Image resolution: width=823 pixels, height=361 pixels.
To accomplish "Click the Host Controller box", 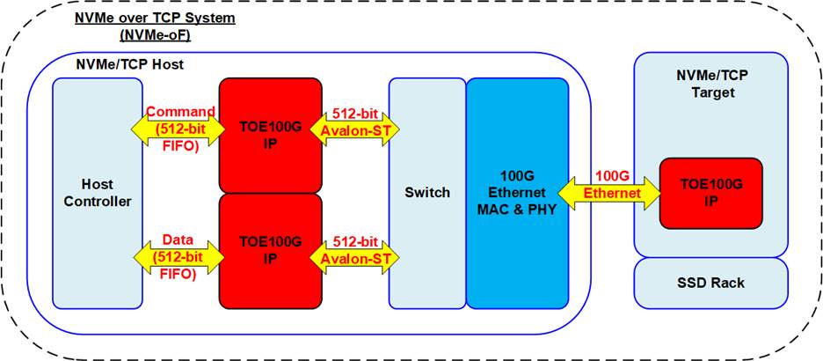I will (x=96, y=193).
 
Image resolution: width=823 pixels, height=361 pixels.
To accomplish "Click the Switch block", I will (x=427, y=193).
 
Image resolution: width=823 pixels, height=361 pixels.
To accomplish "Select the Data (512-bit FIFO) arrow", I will (x=181, y=256).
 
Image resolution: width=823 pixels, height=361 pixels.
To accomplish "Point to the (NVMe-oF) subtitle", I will (x=145, y=35).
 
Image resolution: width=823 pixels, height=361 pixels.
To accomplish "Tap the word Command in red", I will (x=181, y=113).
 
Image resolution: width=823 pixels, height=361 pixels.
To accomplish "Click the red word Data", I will (x=179, y=239).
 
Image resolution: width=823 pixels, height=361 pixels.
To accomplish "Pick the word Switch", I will (x=427, y=193).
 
